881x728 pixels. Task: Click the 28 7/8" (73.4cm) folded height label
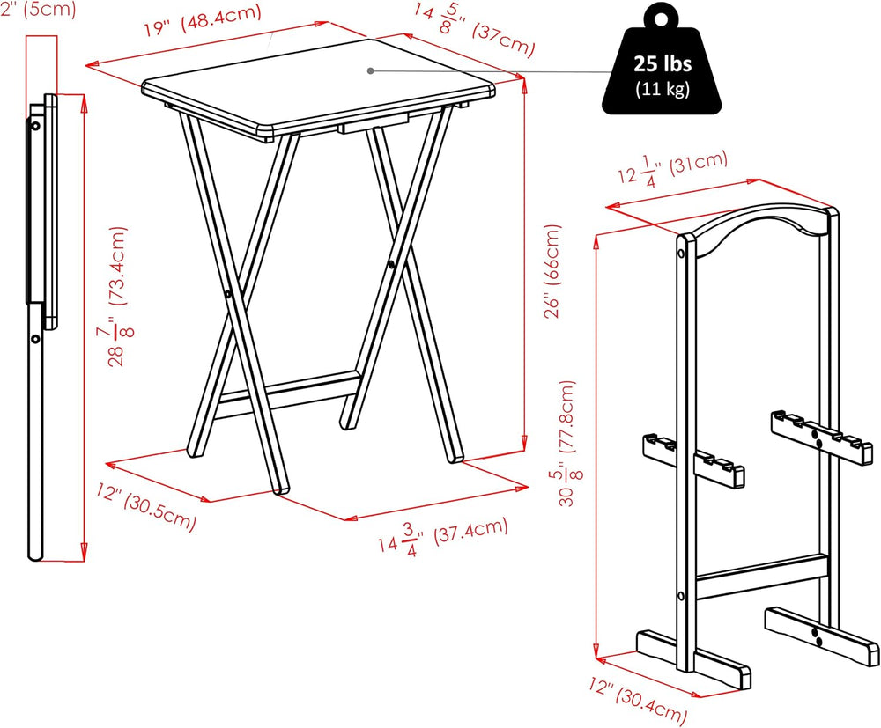pos(118,297)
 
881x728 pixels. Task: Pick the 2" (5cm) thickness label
pos(38,10)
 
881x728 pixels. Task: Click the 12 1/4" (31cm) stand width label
pos(672,168)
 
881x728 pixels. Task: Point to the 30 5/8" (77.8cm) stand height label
pos(566,444)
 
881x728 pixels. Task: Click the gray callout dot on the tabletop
pos(370,70)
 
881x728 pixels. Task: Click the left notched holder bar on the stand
pos(693,460)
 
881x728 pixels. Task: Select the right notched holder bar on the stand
pos(821,437)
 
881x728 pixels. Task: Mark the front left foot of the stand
pos(693,659)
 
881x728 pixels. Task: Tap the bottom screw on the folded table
pos(35,338)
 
